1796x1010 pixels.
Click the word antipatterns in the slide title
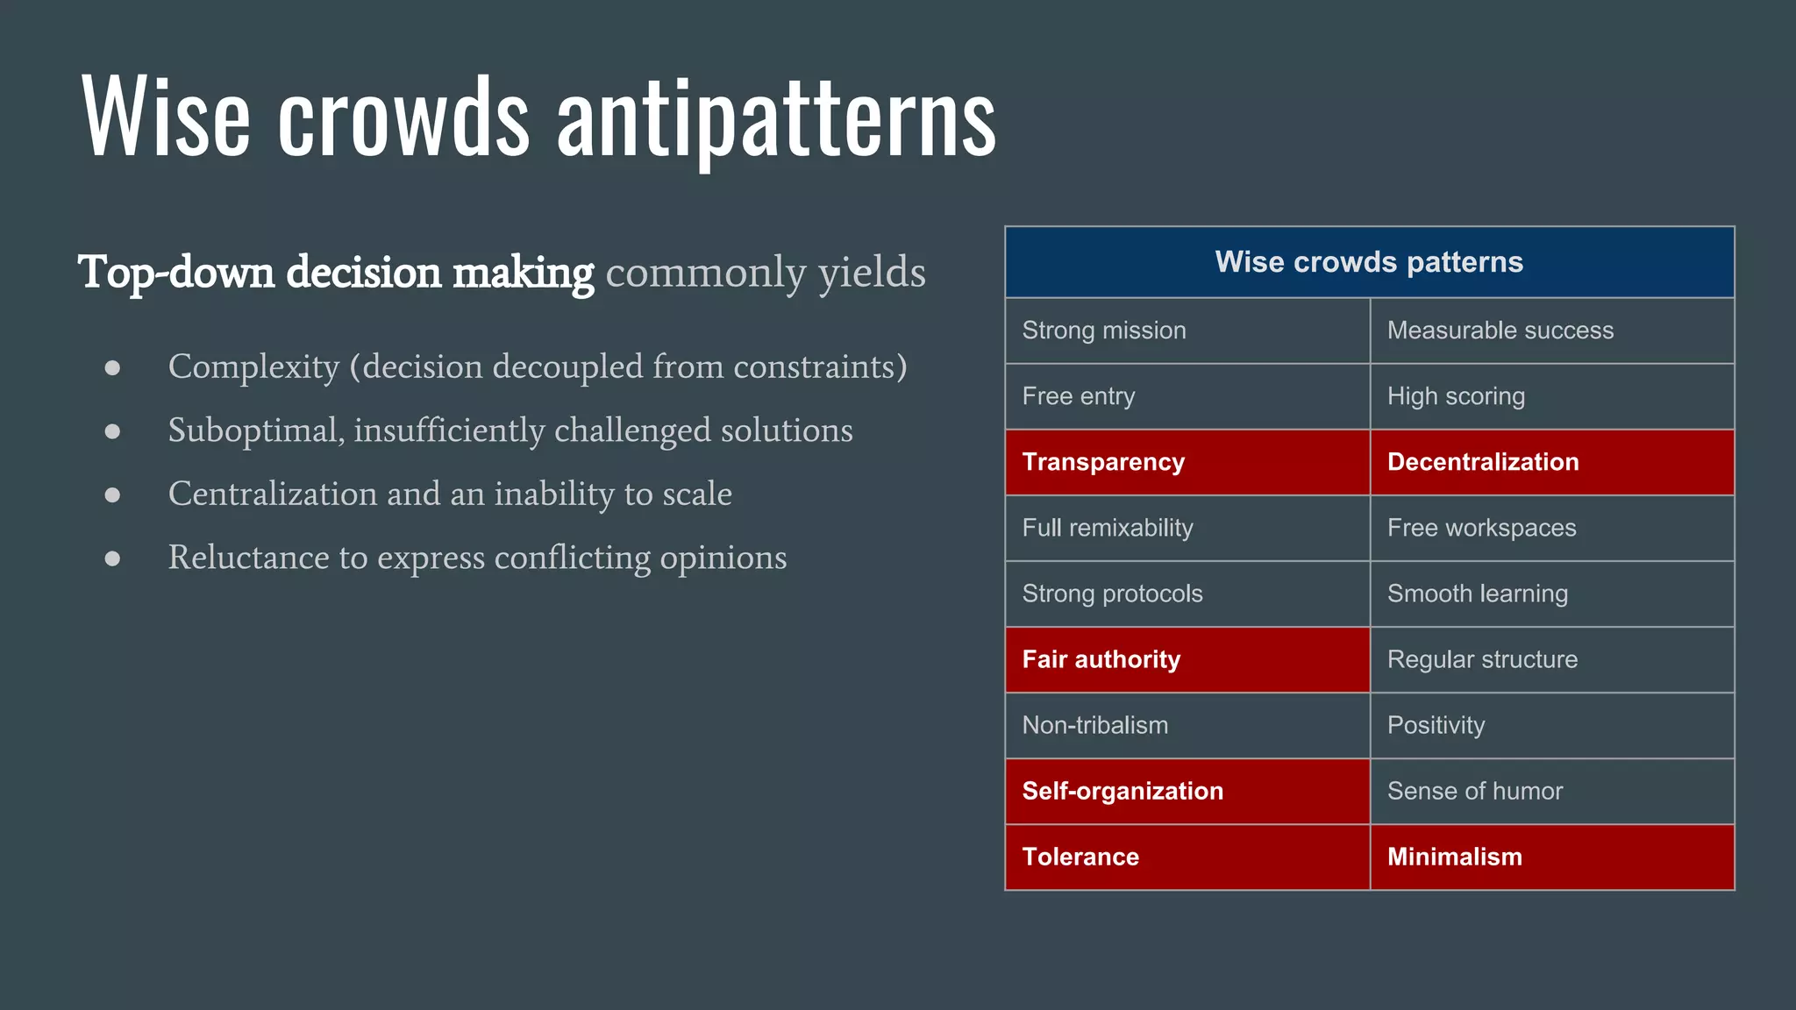tap(776, 118)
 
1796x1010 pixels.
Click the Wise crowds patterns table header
tap(1369, 262)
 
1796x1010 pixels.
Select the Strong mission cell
tap(1187, 331)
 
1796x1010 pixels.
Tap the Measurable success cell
tap(1551, 331)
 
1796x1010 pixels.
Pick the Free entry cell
tap(1187, 396)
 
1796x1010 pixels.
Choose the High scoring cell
tap(1551, 396)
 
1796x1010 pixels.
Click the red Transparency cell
tap(1187, 462)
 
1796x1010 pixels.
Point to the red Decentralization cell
tap(1551, 462)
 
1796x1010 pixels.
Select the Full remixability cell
tap(1187, 528)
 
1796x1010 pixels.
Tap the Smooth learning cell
tap(1551, 594)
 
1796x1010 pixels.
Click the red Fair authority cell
tap(1187, 659)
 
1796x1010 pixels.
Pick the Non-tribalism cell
tap(1187, 725)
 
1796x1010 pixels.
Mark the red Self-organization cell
tap(1187, 791)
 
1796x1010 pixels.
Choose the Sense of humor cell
tap(1551, 791)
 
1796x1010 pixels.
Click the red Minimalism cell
tap(1551, 857)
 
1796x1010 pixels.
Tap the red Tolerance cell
tap(1187, 857)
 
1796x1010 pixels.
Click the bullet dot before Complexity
tap(112, 367)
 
